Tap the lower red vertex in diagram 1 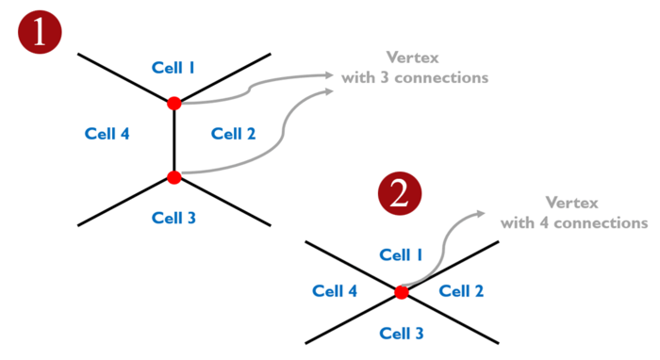[173, 177]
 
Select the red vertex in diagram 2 [402, 293]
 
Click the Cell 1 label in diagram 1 [173, 67]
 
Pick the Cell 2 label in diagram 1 [234, 134]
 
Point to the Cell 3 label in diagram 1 [173, 218]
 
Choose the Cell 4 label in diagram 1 [107, 134]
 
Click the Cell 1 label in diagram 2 [401, 254]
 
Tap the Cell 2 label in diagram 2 [462, 292]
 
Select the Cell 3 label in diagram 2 [401, 333]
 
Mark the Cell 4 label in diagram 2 [335, 292]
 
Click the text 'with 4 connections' [574, 222]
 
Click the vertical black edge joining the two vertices [173, 139]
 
